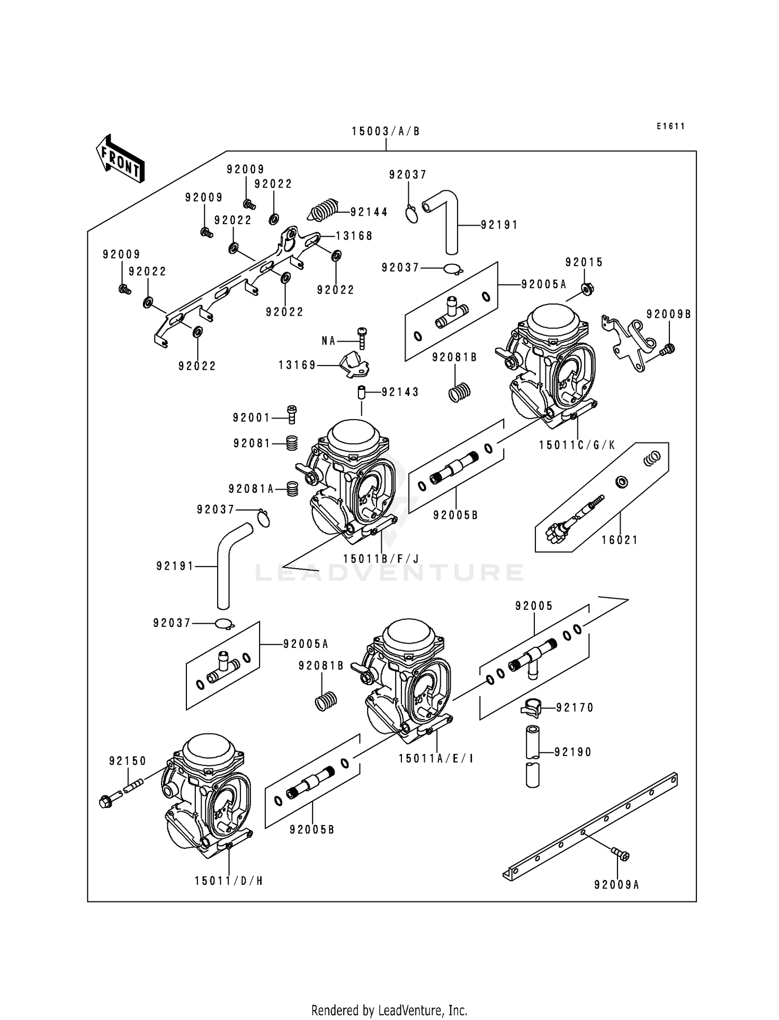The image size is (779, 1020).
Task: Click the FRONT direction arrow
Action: pos(120,159)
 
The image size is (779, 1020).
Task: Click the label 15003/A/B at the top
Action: pos(385,132)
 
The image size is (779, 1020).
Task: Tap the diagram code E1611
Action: pos(670,126)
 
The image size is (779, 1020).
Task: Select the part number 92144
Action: pos(369,212)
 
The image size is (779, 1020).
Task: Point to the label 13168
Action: pos(354,236)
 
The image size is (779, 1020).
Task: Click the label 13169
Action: pos(297,365)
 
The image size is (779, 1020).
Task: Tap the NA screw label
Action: pos(329,341)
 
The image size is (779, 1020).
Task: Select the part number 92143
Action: pos(400,392)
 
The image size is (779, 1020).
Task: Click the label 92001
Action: pos(251,417)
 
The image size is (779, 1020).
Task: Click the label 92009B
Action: pos(668,315)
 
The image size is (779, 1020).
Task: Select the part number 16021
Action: pos(620,540)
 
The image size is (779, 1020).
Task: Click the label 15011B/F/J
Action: pos(381,559)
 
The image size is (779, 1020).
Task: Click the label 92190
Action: pos(573,752)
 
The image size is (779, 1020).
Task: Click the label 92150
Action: pos(128,761)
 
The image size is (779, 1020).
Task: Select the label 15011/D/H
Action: pos(229,881)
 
